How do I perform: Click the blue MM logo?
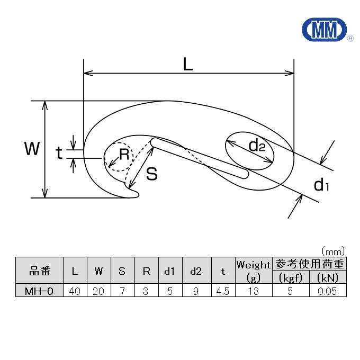[324, 30]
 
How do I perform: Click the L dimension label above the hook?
[188, 64]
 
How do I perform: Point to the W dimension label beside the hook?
[32, 149]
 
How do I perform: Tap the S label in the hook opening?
[152, 174]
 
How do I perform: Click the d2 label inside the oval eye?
[257, 146]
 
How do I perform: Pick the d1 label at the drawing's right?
[321, 185]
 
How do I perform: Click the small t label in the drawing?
[59, 152]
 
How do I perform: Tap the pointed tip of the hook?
[139, 194]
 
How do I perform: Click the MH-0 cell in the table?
[39, 291]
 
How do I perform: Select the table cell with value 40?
[75, 291]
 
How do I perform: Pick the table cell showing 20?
[98, 291]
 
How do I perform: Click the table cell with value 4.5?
[223, 291]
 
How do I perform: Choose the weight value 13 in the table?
[254, 291]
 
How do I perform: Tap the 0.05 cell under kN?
[328, 291]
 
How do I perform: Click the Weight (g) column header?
[254, 271]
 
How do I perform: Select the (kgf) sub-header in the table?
[291, 277]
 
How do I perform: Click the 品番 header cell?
[39, 271]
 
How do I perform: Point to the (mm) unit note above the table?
[334, 252]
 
